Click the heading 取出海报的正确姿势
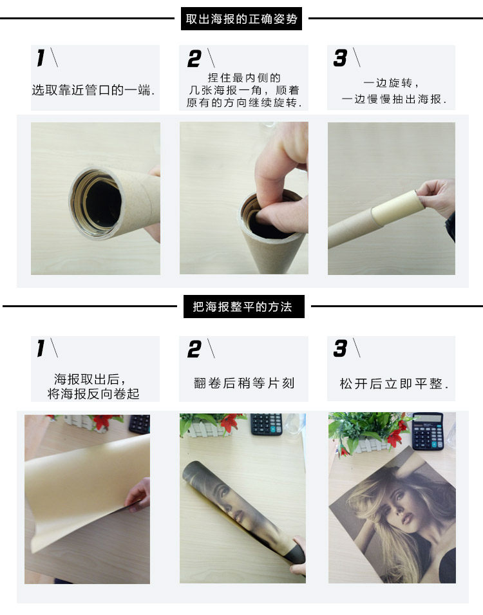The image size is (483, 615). [241, 19]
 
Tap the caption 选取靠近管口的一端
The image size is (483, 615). [93, 90]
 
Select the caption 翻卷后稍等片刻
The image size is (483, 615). [244, 383]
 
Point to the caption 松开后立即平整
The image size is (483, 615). [394, 384]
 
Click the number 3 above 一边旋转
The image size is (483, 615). [340, 58]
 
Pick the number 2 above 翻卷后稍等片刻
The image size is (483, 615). [194, 349]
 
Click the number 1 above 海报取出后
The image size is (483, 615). [41, 348]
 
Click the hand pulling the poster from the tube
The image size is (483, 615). [436, 198]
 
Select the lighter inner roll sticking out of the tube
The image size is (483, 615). [397, 206]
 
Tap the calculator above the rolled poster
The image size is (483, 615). [267, 424]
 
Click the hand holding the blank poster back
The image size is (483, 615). [138, 496]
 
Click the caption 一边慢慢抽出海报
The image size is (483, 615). [394, 99]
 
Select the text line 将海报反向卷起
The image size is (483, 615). [93, 393]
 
